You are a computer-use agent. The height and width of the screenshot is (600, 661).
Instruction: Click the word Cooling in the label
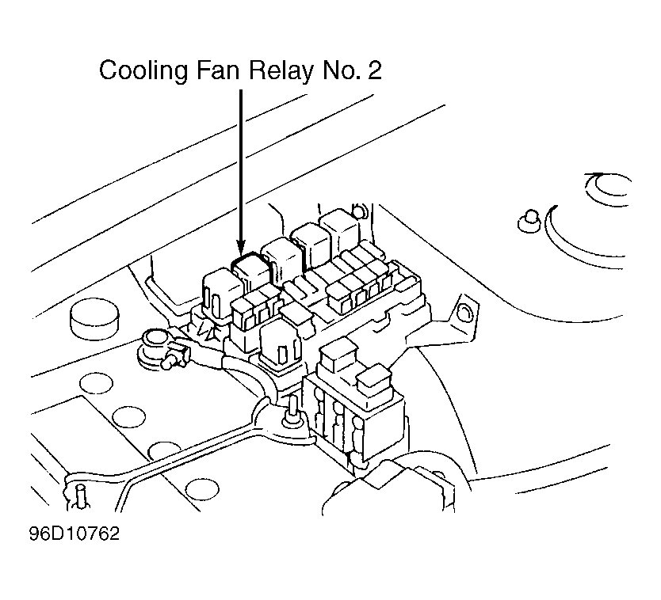(143, 70)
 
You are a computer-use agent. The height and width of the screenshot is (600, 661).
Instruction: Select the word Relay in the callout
(281, 70)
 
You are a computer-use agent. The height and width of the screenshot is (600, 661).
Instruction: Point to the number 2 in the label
(374, 70)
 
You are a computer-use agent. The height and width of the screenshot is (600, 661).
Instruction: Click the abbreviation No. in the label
(342, 70)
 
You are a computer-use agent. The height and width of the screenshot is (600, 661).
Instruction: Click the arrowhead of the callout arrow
(241, 249)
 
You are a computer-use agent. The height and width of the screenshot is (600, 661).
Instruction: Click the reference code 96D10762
(75, 534)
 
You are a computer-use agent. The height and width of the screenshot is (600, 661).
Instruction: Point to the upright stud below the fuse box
(292, 415)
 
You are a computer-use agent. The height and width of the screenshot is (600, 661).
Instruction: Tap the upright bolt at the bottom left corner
(81, 498)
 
